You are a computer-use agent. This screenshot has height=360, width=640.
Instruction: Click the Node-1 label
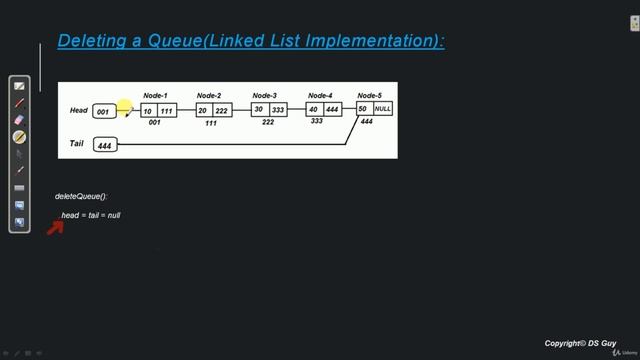155,95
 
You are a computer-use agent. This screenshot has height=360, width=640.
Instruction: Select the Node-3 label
265,95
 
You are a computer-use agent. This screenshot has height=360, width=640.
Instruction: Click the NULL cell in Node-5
383,108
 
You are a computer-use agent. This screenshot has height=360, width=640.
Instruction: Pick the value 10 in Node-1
148,111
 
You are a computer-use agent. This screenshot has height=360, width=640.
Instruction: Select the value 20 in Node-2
203,111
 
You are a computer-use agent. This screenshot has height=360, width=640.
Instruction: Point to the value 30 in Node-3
258,110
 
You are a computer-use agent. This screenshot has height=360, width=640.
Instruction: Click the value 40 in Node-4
313,110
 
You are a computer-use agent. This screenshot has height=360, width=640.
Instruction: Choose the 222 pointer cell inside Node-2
221,111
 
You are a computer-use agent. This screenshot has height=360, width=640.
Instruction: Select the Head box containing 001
103,112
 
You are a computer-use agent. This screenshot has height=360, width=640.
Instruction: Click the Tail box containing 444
104,146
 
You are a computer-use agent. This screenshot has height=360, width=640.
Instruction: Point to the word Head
79,110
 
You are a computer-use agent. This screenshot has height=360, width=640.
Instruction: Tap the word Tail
77,144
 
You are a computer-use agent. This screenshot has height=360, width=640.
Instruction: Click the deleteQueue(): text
81,196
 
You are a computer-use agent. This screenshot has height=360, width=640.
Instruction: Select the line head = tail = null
91,215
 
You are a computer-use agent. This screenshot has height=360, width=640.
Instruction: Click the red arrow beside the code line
55,226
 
